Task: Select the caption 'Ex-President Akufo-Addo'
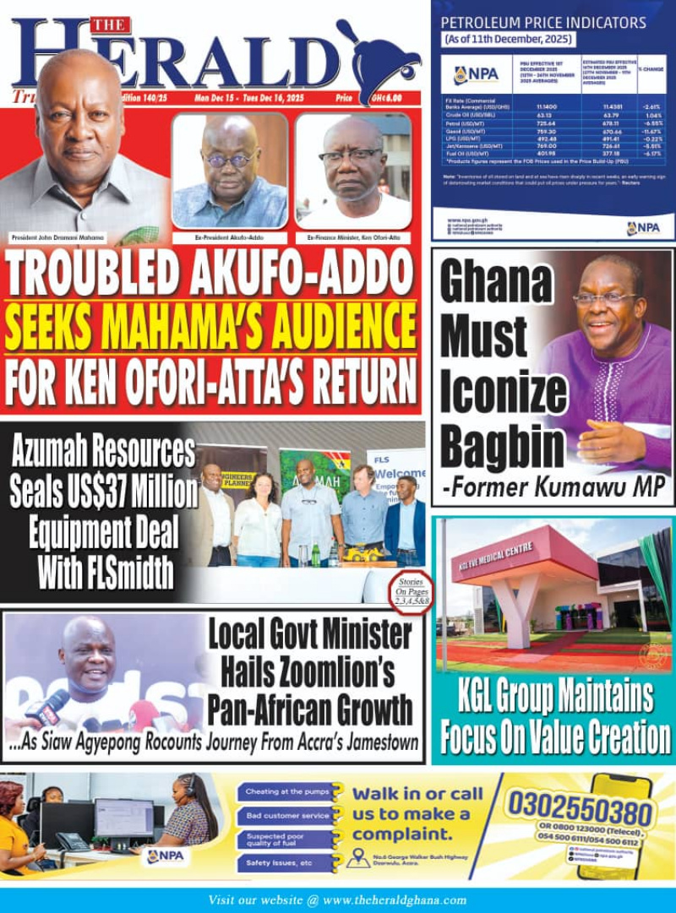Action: pyautogui.click(x=229, y=238)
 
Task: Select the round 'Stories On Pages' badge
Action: pyautogui.click(x=412, y=592)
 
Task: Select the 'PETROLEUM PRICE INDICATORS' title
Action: pyautogui.click(x=543, y=23)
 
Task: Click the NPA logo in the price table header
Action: pyautogui.click(x=477, y=74)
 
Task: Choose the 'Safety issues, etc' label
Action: pyautogui.click(x=280, y=863)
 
